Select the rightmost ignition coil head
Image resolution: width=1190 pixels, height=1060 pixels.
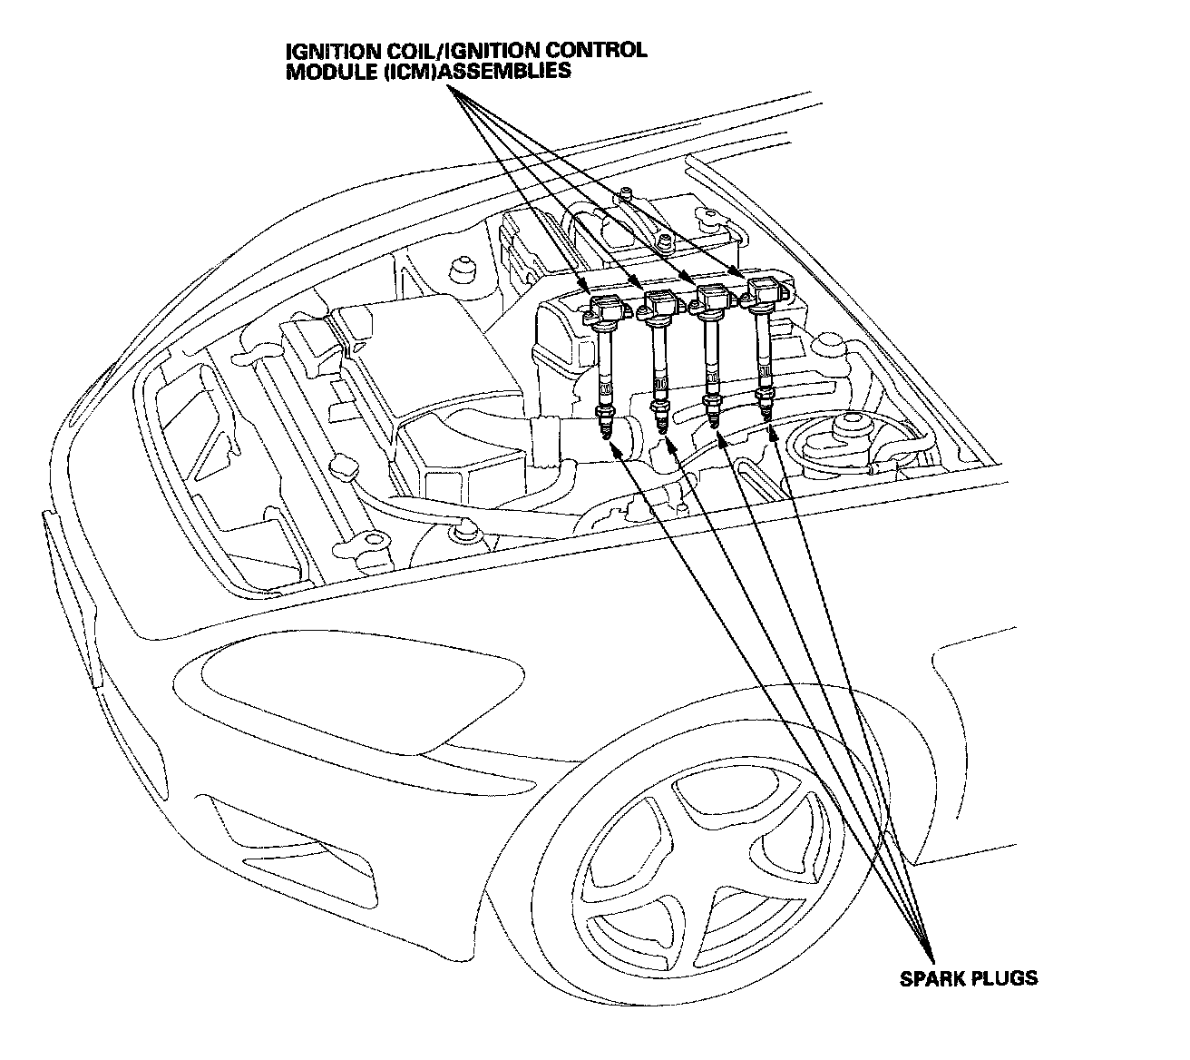(768, 292)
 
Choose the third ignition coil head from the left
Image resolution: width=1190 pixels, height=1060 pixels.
(713, 298)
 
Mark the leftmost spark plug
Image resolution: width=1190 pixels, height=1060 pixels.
(603, 422)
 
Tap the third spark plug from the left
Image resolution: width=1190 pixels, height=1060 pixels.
(715, 413)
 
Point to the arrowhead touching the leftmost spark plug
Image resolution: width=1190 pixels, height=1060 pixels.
(614, 445)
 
